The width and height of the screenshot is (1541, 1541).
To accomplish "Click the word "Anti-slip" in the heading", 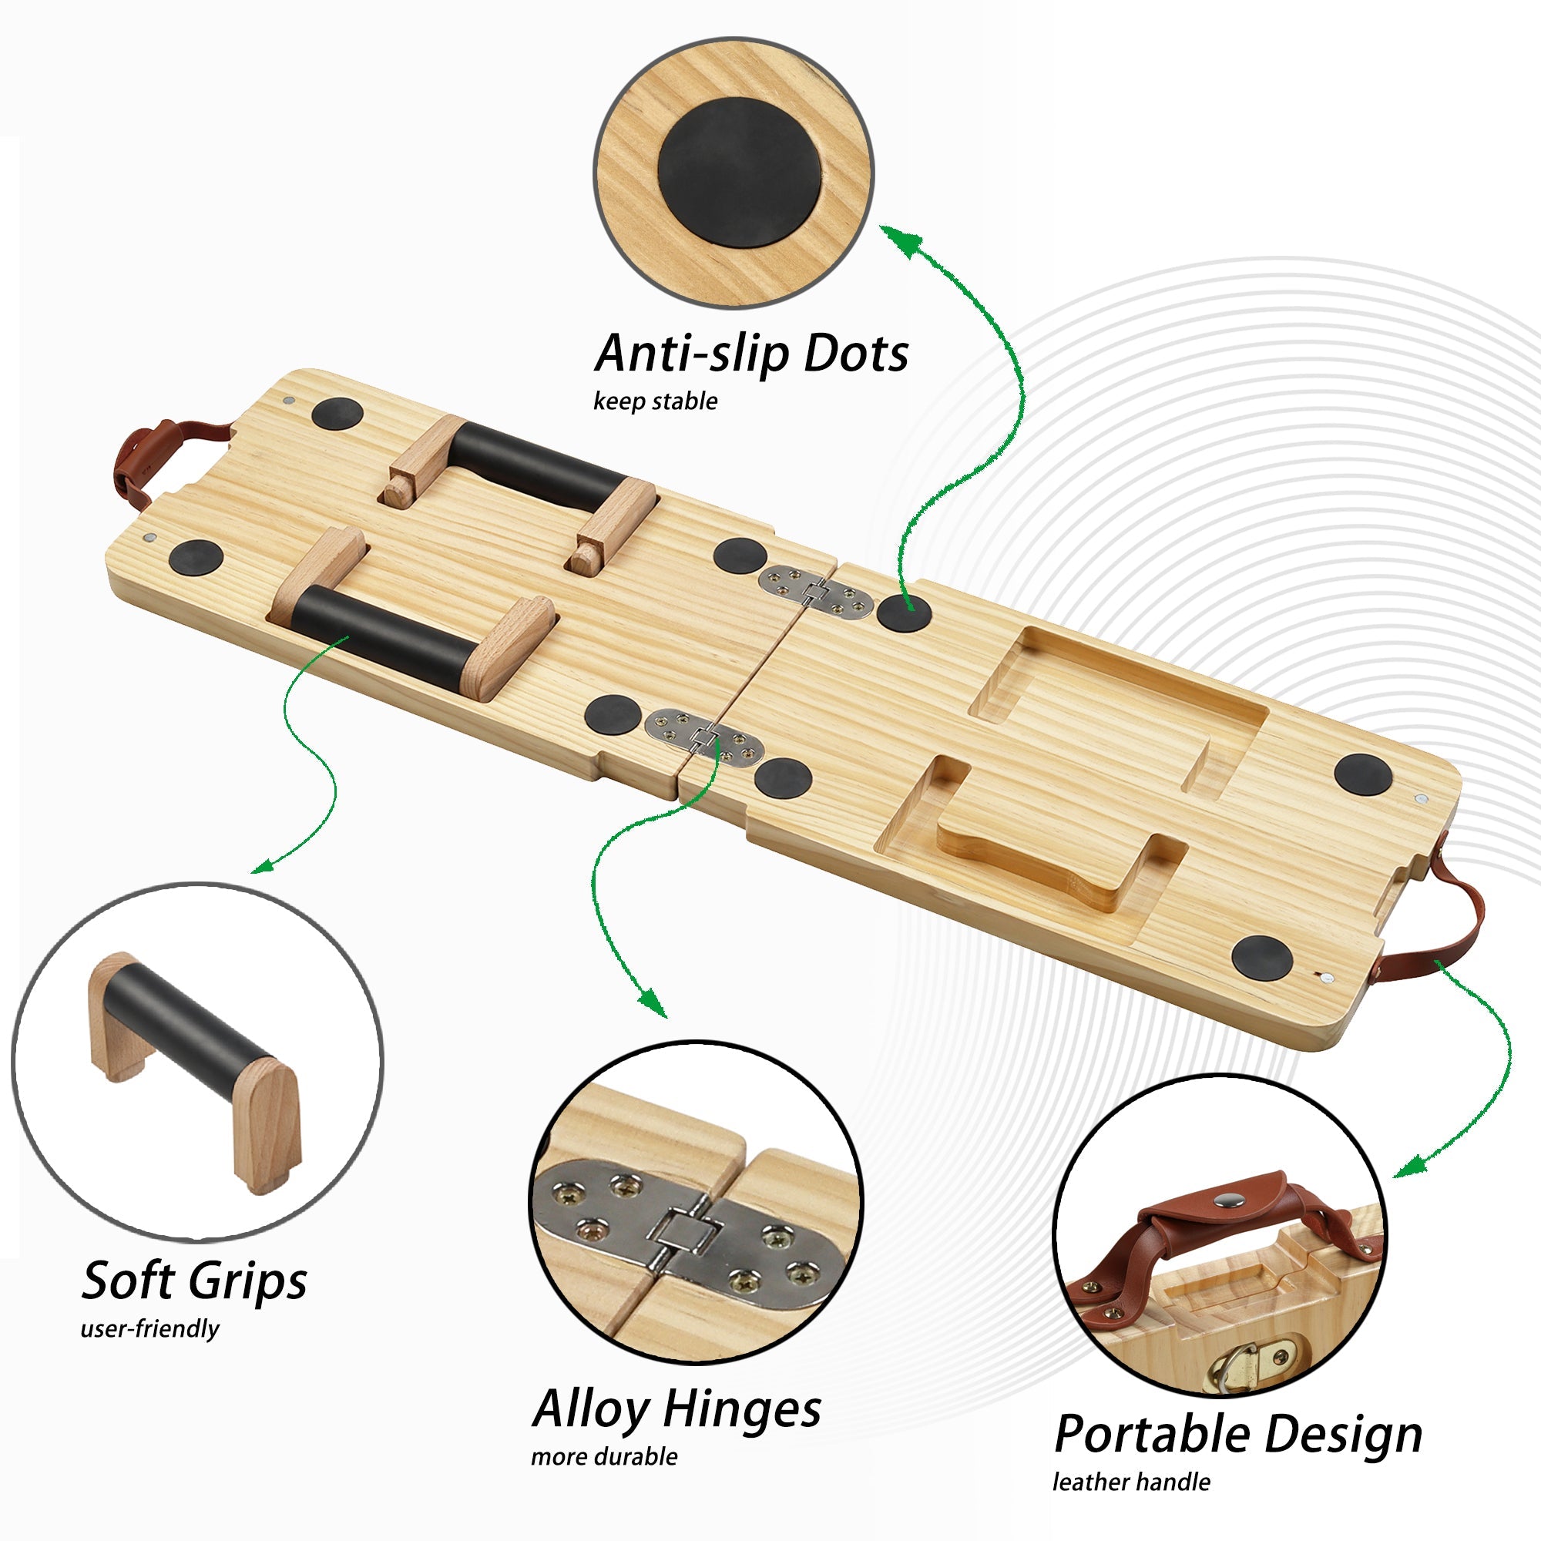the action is [693, 354].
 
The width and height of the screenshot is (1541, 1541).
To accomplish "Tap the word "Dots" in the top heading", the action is [856, 354].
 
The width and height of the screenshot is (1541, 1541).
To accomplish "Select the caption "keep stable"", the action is [655, 401].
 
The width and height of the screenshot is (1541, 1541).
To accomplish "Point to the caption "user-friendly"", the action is [150, 1329].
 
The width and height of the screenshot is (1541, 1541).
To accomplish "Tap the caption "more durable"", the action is [604, 1456].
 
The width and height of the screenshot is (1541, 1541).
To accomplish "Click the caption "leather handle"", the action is [1131, 1482].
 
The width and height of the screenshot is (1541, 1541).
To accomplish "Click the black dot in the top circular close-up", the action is [740, 173].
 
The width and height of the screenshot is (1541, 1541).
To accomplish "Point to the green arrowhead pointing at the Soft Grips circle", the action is [264, 866].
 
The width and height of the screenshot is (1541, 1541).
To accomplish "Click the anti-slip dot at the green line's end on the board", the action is [904, 613].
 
